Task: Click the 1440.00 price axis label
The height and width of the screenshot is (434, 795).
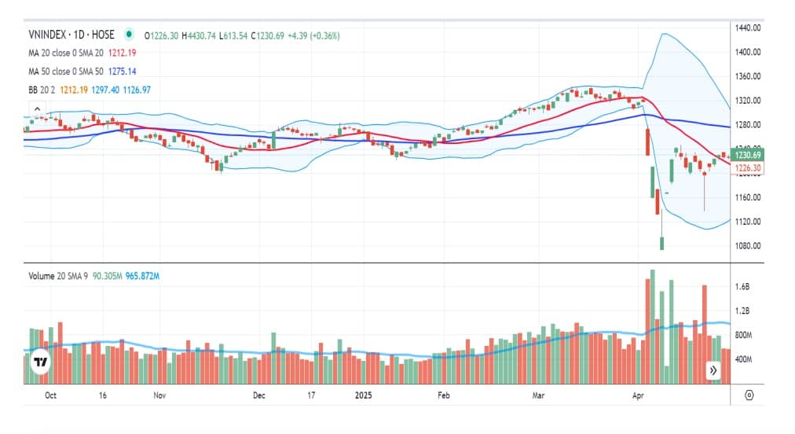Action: click(749, 28)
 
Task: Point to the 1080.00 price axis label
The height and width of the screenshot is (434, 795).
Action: click(749, 245)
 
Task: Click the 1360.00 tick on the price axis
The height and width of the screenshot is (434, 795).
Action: click(749, 76)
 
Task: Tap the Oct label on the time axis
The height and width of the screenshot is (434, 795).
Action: click(51, 395)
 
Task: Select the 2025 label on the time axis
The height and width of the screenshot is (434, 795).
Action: click(364, 395)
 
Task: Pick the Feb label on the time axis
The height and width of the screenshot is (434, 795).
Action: click(443, 395)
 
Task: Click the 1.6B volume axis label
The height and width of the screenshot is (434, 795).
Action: click(742, 288)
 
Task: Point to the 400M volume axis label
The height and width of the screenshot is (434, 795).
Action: click(745, 359)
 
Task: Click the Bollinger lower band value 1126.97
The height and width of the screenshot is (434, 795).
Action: click(134, 90)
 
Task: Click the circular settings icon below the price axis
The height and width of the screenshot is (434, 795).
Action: click(749, 395)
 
